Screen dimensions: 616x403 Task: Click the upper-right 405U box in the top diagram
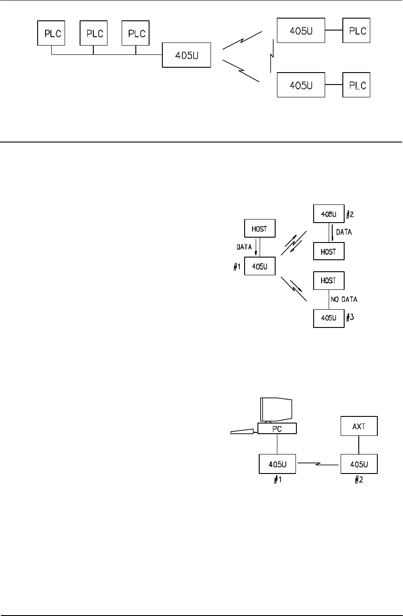click(x=301, y=31)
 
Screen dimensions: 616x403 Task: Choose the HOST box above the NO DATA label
click(x=329, y=280)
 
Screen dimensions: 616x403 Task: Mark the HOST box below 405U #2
click(x=329, y=251)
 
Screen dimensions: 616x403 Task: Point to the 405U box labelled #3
click(x=329, y=318)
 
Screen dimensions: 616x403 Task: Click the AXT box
click(x=359, y=427)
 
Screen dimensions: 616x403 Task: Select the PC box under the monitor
click(x=276, y=428)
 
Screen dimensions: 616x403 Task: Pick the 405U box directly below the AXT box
click(x=359, y=464)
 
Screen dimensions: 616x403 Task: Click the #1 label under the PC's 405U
click(x=276, y=481)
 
